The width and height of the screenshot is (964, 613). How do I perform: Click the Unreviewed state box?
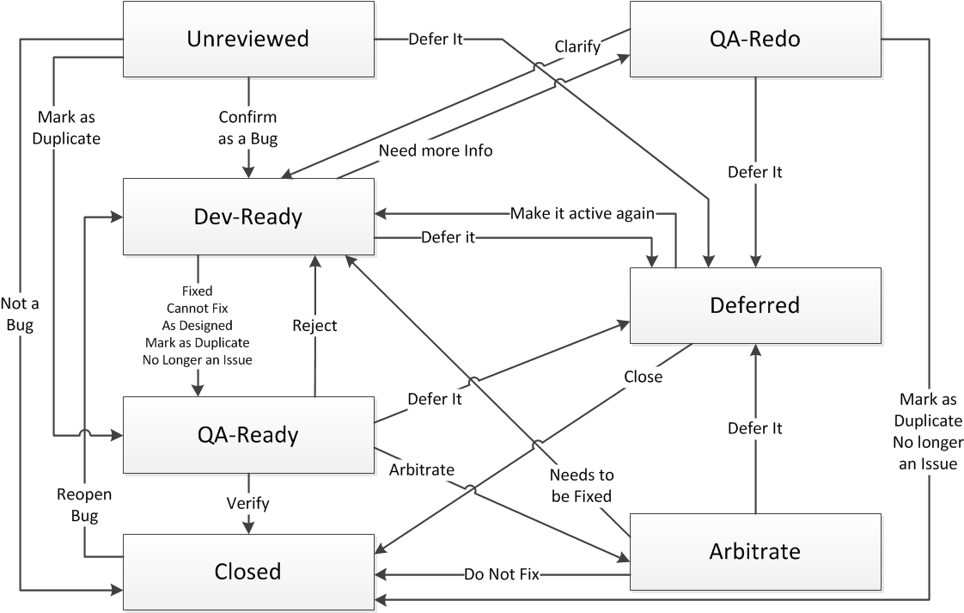tap(248, 39)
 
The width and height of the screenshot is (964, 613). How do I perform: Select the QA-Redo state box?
tap(755, 39)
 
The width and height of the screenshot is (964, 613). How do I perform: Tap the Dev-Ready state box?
tap(248, 217)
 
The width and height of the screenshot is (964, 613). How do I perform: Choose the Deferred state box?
tap(755, 305)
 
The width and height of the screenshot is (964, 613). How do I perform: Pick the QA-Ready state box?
tap(248, 435)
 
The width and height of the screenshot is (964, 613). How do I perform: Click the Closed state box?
tap(248, 572)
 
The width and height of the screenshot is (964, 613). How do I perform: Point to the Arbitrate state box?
tap(755, 551)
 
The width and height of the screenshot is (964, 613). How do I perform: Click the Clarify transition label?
tap(577, 46)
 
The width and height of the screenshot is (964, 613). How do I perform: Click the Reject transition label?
tap(314, 325)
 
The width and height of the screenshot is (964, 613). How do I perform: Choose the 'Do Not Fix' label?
tap(501, 573)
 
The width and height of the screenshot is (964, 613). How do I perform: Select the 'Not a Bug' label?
tap(18, 314)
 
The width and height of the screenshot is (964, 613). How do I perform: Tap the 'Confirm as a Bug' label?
tap(248, 128)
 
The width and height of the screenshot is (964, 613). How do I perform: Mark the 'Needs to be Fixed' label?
tap(582, 485)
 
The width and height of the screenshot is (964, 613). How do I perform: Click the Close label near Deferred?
tap(644, 376)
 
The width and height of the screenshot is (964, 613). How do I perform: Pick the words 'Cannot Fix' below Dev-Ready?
tap(198, 308)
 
